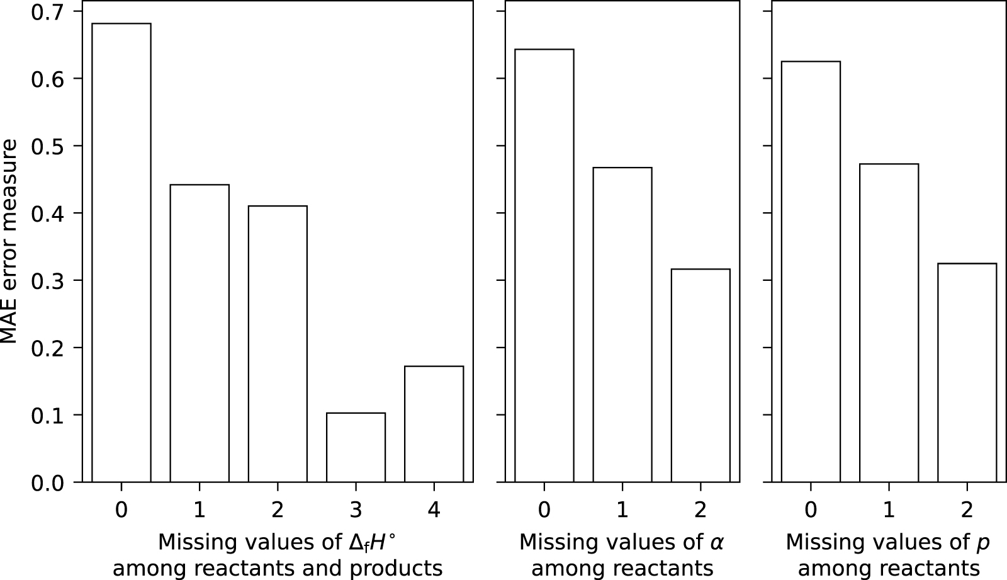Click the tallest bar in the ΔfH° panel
point(121,252)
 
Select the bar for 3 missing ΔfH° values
point(356,447)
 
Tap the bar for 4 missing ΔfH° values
point(434,424)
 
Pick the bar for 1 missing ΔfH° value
point(200,333)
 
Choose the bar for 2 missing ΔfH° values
point(278,344)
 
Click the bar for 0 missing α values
point(544,265)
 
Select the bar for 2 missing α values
point(700,375)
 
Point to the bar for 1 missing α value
point(622,324)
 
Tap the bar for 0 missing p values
point(811,271)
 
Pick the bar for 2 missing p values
point(967,372)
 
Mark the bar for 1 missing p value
point(889,322)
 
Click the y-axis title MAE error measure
point(9,241)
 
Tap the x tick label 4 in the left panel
point(434,509)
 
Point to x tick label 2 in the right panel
point(967,509)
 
